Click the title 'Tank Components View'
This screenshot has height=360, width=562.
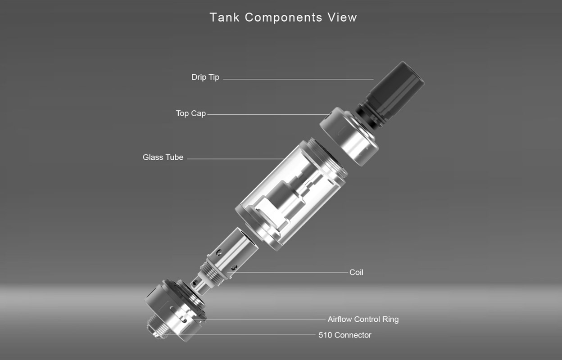tap(283, 17)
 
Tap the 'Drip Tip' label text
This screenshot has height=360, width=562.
tap(205, 77)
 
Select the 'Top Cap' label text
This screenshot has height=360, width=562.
tap(190, 113)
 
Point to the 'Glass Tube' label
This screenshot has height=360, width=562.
tap(163, 157)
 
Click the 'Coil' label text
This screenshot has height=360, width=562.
tap(356, 272)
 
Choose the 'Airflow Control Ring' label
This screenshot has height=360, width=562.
tap(363, 319)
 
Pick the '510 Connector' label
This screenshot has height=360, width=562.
tap(345, 335)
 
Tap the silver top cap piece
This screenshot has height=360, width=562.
tap(349, 137)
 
